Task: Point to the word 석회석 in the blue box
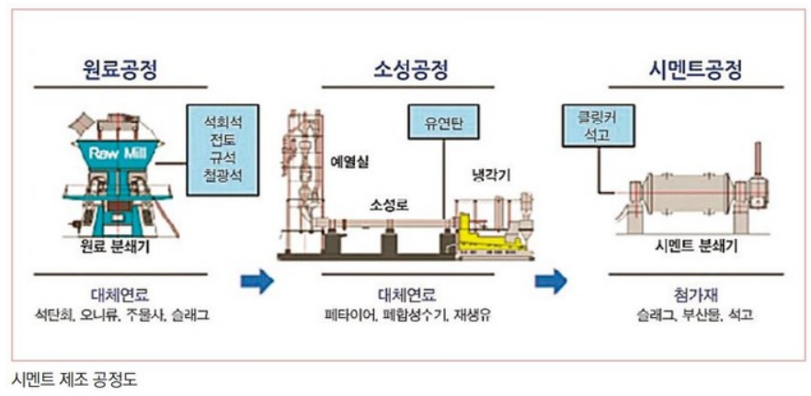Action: click(x=222, y=121)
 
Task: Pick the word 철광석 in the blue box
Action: click(x=222, y=174)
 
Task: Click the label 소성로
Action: click(x=388, y=203)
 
